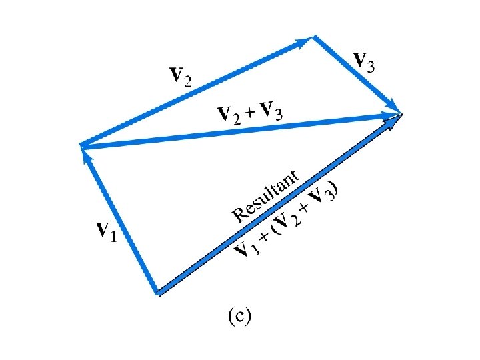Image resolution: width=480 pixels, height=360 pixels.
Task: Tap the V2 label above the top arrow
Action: click(x=179, y=76)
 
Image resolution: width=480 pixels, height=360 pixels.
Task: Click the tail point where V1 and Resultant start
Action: click(x=157, y=292)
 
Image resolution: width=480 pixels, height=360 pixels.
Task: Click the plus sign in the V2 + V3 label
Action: click(x=248, y=113)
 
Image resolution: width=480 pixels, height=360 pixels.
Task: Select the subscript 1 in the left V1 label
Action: click(x=113, y=236)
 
